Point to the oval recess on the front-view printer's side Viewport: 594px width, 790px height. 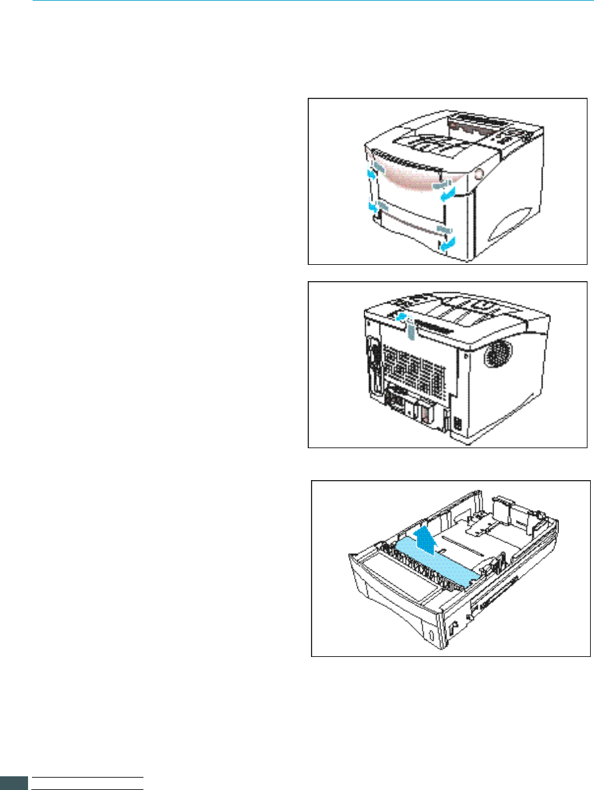tap(516, 225)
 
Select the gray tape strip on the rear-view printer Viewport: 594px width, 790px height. tap(408, 332)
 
